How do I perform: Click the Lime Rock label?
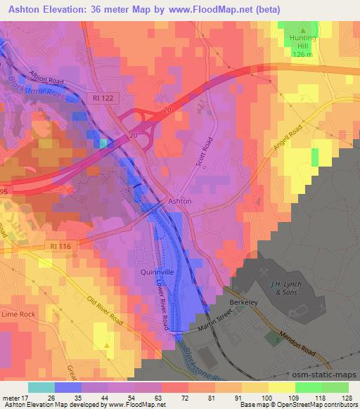[x=18, y=313]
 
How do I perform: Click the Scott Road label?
[x=206, y=150]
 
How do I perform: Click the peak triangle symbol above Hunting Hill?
[x=302, y=30]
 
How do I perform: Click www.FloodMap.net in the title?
[x=217, y=9]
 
